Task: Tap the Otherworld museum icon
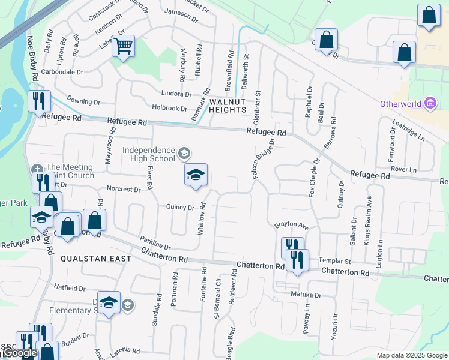click(429, 104)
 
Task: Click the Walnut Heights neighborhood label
click(228, 106)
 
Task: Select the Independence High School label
click(149, 154)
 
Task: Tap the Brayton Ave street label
click(291, 227)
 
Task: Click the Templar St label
click(334, 262)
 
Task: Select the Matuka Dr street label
click(306, 295)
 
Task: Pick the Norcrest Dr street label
click(123, 189)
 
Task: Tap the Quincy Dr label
click(181, 208)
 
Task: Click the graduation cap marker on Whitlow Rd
click(196, 175)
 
